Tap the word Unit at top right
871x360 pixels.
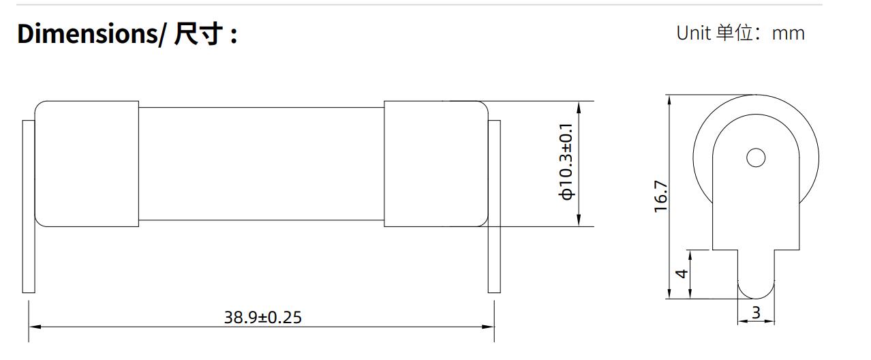coord(693,33)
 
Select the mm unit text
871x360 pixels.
coord(789,33)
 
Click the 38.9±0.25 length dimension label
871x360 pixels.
coord(262,317)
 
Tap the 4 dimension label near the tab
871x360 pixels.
coord(681,273)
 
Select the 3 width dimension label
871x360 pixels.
coord(756,313)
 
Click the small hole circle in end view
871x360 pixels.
coord(756,158)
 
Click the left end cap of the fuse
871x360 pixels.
coord(87,164)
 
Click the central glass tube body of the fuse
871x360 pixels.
coord(261,164)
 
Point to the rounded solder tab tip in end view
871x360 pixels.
coord(756,290)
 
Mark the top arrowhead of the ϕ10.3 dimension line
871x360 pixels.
coord(579,106)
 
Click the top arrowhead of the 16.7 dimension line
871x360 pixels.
coord(670,100)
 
